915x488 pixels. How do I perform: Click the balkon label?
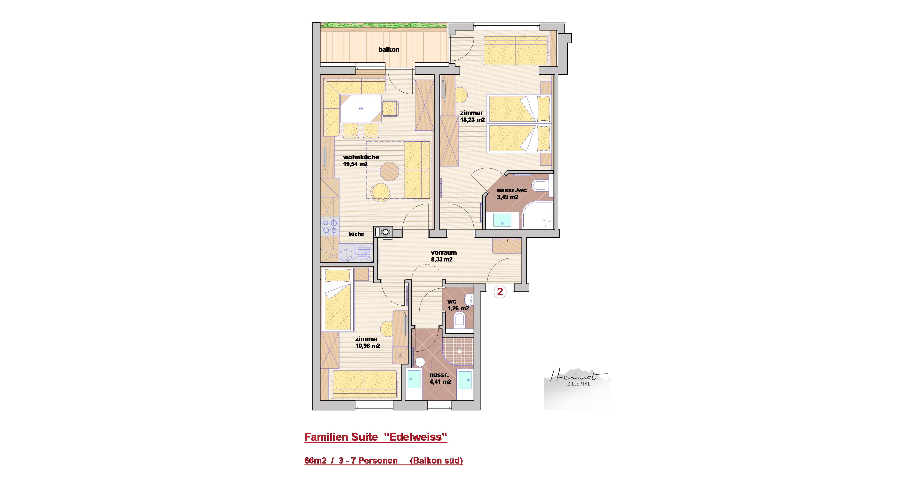(x=389, y=50)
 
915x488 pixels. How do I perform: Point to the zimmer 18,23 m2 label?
(x=472, y=116)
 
